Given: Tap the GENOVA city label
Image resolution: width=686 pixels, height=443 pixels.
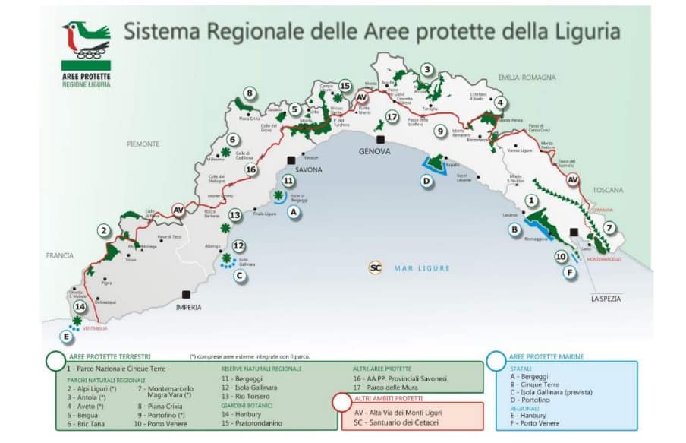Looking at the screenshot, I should coord(374,152).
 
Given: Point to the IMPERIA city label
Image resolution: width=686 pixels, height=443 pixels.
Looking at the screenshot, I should coord(187,308).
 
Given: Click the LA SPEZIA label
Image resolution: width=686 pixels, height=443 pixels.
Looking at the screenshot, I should coord(606,299).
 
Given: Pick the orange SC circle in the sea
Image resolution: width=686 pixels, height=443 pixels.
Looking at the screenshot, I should coord(375,267).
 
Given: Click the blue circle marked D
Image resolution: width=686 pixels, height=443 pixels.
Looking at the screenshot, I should coord(427,181).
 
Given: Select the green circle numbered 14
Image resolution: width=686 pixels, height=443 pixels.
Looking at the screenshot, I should coord(80,307).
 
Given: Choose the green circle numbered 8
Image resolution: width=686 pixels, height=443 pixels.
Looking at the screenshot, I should coord(249,94).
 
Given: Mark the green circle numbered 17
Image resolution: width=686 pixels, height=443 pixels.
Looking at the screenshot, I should coord(392,117).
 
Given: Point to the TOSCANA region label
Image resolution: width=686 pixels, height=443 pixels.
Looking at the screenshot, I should coord(607,190).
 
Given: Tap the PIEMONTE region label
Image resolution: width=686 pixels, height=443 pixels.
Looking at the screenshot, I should coord(143,144).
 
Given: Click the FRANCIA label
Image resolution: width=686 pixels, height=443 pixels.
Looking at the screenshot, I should coord(58,256).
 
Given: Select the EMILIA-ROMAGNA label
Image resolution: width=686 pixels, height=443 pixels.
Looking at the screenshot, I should coord(527,78).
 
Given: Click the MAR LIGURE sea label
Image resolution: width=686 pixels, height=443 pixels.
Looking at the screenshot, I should coord(422,268).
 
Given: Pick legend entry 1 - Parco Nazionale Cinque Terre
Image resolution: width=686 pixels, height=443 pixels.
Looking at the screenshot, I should coord(111,368).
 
